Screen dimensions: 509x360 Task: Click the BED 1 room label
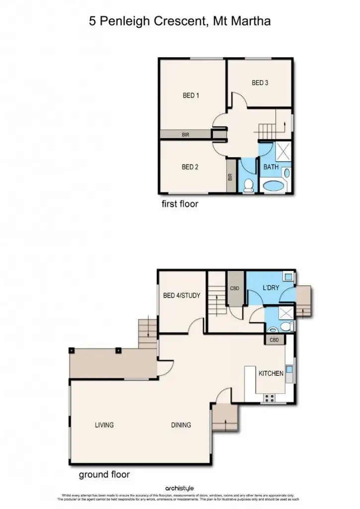coord(191,95)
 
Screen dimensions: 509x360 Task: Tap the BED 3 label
coord(260,83)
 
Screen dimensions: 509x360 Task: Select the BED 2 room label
coord(190,167)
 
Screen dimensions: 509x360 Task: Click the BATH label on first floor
coord(271,167)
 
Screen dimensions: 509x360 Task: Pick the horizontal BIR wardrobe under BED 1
coord(185,134)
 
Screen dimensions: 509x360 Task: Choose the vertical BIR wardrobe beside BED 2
coord(230,176)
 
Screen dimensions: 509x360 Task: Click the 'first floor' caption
coord(180,204)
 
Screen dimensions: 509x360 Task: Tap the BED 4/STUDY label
coord(181,295)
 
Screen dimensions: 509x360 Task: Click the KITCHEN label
coord(271,373)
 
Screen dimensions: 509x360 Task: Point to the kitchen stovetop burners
coord(269,397)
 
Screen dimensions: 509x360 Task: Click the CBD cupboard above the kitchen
coord(274,340)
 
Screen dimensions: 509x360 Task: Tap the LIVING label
coord(104,425)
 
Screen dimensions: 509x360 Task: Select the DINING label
coord(181,425)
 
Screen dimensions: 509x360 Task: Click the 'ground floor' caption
coord(104,475)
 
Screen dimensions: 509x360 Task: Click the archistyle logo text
coord(180,489)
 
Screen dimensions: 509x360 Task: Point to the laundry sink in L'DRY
coord(287,275)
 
